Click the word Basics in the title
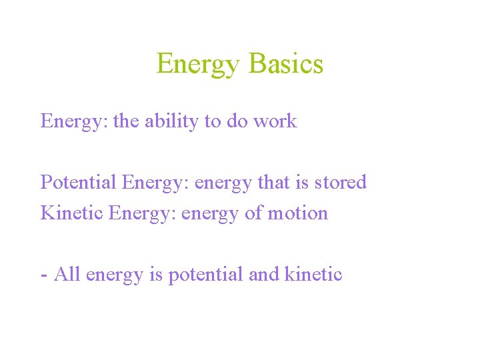285,64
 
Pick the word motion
297,213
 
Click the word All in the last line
67,274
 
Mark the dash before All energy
44,275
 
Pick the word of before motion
251,213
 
